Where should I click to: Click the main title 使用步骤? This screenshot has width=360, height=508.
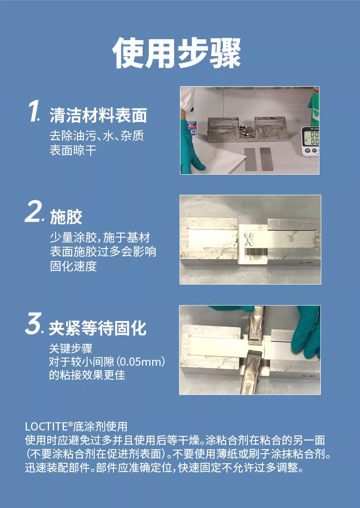point(177,53)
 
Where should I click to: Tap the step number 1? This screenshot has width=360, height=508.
point(34,111)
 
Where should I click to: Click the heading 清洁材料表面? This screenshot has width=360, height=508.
point(98,116)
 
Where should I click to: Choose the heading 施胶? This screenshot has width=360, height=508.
point(66,217)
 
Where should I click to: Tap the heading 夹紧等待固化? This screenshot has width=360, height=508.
point(98,328)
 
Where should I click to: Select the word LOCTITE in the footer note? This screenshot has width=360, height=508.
point(46,426)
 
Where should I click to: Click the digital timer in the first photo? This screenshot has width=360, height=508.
point(310,141)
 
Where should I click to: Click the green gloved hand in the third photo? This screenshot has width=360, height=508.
point(306,332)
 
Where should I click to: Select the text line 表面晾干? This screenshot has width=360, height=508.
point(73,150)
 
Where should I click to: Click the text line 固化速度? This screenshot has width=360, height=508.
point(73,266)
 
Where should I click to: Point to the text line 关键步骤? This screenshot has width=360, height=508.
point(71,348)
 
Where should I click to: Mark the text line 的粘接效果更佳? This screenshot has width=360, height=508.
point(87,375)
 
